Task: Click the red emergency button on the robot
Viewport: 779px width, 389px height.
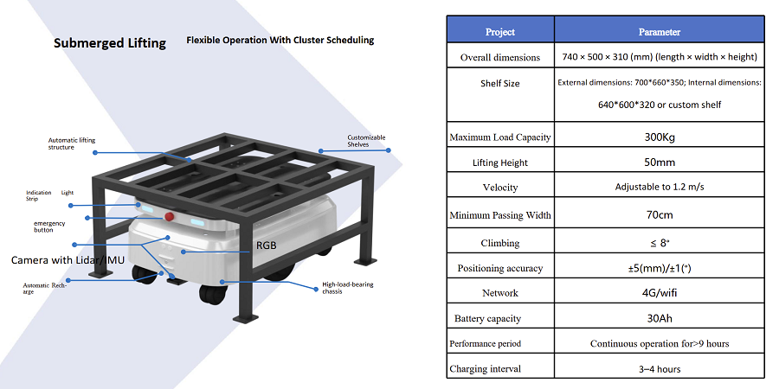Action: click(170, 216)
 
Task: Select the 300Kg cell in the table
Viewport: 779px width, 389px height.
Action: click(660, 137)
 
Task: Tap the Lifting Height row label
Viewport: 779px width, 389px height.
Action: click(499, 163)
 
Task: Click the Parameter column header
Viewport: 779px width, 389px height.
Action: click(660, 32)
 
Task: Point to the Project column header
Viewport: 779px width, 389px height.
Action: click(499, 32)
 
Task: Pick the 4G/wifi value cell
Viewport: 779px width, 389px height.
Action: click(660, 293)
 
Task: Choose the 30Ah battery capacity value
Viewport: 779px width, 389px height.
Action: click(660, 318)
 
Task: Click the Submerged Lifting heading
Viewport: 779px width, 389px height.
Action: click(110, 43)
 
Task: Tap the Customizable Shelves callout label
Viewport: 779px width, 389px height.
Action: click(366, 141)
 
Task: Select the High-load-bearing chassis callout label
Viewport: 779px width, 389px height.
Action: click(348, 288)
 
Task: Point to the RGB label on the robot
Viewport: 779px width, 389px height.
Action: click(267, 246)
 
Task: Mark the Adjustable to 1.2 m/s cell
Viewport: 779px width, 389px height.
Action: click(660, 187)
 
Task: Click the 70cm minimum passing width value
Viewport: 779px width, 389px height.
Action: click(660, 215)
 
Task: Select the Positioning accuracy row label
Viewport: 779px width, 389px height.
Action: click(499, 269)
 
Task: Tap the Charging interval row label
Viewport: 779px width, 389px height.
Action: click(485, 368)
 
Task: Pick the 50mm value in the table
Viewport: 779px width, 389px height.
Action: click(660, 163)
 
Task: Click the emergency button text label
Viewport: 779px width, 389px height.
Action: click(49, 226)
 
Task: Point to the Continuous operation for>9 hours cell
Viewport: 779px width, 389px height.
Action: click(660, 343)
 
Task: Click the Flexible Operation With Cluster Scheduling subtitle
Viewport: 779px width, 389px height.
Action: click(280, 40)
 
